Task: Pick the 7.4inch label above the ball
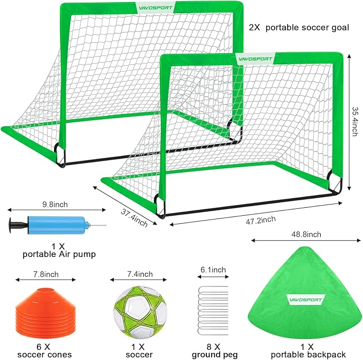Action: pos(138,274)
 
